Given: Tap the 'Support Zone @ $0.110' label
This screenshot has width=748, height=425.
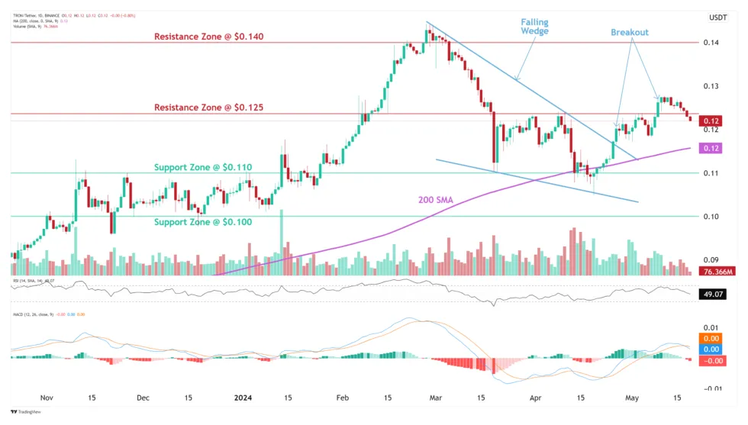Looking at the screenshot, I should pos(203,166).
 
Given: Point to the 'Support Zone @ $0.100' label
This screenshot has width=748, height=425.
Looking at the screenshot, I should pos(203,221).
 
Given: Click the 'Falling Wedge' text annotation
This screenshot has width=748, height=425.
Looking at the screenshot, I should pos(534,27).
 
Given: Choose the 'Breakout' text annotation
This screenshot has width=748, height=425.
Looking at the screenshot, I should pos(629,32).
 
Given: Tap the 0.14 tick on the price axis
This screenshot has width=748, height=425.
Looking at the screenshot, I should pos(711,43).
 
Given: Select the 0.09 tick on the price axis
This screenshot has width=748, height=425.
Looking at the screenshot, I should pos(711,259).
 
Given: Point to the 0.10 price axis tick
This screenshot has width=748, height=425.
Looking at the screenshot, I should pos(711,217).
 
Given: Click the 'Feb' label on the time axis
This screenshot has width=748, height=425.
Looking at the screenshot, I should pos(343,398).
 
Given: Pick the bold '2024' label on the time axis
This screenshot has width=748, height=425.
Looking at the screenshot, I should pos(243,398).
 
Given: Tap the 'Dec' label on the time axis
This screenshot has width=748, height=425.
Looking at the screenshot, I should pos(143,398).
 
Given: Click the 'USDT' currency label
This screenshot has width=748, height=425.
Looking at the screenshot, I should pos(718,17).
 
